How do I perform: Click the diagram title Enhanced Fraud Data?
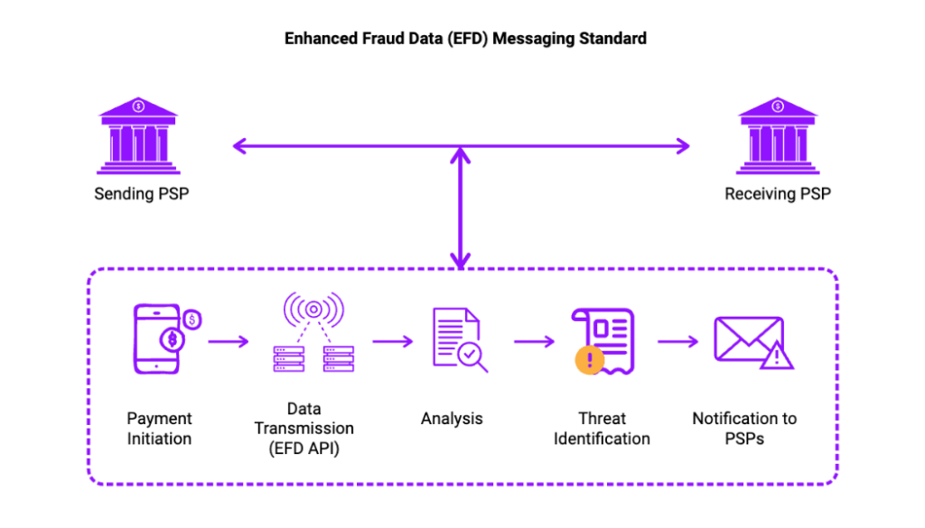tap(465, 39)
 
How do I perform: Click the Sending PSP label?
tap(141, 194)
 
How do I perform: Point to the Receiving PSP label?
tap(777, 194)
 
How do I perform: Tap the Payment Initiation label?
tap(159, 429)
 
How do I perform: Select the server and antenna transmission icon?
tap(313, 334)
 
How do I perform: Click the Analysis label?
tap(452, 419)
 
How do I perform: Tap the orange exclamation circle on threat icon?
tap(589, 362)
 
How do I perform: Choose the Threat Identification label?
tap(602, 429)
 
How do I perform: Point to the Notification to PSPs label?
tap(744, 429)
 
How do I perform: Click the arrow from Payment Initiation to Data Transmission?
tap(228, 341)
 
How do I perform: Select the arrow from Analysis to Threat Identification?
tap(534, 341)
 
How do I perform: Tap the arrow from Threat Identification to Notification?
tap(677, 341)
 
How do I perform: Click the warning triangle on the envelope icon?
tap(777, 358)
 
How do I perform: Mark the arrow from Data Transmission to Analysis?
tap(392, 341)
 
